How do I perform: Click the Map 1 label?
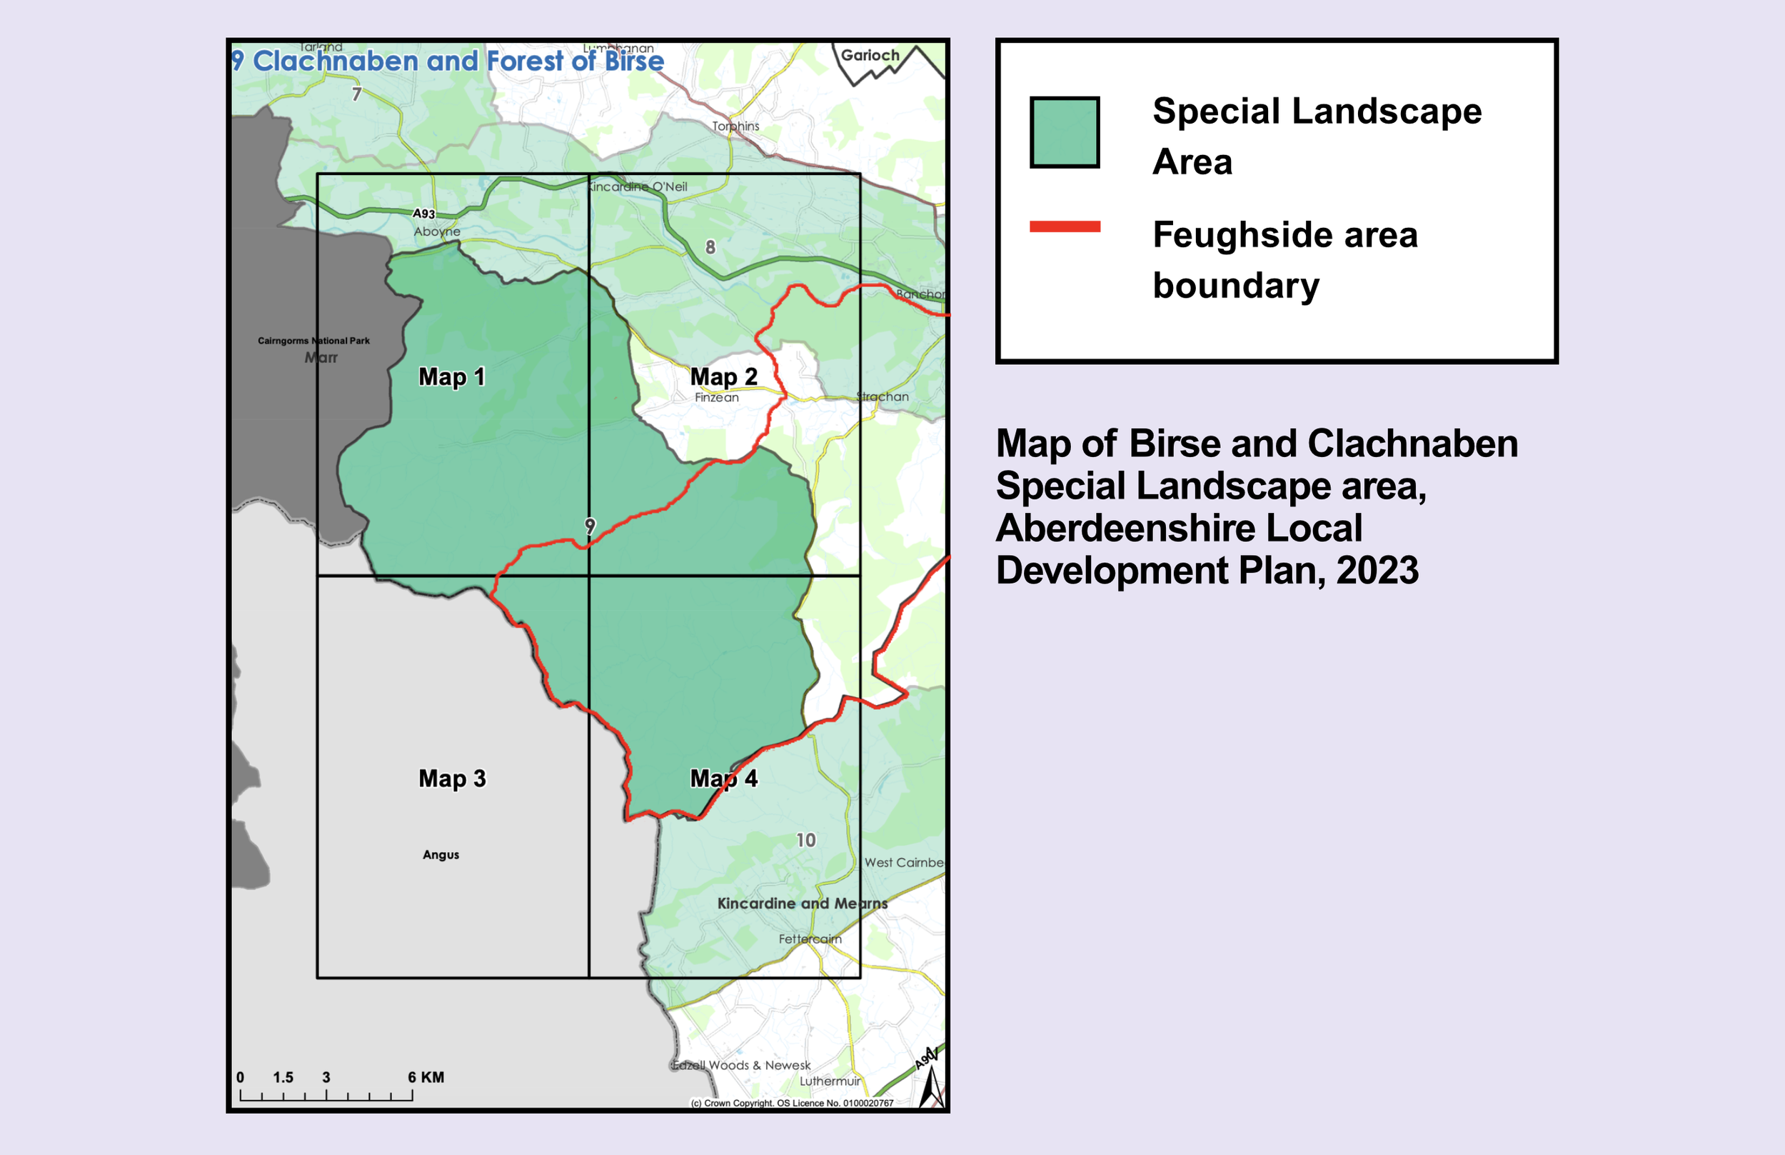point(451,376)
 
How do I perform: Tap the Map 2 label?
point(723,376)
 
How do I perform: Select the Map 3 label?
point(452,779)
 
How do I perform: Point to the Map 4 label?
point(723,779)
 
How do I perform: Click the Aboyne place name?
point(437,231)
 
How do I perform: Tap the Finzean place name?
point(716,397)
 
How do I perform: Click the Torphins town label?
point(735,126)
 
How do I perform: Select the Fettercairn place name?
point(810,939)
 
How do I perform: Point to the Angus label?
point(441,855)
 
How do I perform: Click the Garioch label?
point(870,56)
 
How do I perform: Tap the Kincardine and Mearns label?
point(802,904)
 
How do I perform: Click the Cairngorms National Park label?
point(313,341)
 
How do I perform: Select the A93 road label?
point(423,214)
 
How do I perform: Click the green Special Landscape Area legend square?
point(1065,132)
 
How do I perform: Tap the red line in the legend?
point(1065,226)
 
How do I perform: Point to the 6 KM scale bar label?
point(426,1078)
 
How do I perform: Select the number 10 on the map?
point(806,840)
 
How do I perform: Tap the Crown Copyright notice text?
point(792,1104)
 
